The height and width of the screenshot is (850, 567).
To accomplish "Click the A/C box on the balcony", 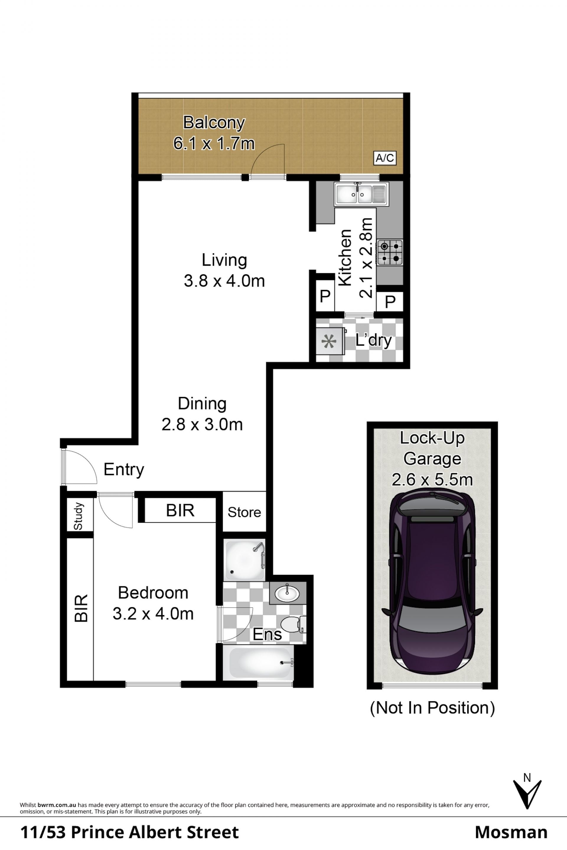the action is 385,158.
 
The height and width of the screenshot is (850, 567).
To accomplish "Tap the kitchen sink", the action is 361,194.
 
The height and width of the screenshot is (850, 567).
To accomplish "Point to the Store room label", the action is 244,512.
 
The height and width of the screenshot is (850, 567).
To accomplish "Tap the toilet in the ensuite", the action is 293,624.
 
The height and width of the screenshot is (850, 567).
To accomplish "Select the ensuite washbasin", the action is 287,593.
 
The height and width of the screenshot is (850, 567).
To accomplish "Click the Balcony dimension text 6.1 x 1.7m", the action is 214,143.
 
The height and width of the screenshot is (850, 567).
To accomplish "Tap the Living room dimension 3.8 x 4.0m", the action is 224,281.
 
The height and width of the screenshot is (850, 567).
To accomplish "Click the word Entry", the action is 124,470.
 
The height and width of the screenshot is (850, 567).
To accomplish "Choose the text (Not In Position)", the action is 432,708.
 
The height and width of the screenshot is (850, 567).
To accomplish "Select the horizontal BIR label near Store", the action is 180,510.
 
